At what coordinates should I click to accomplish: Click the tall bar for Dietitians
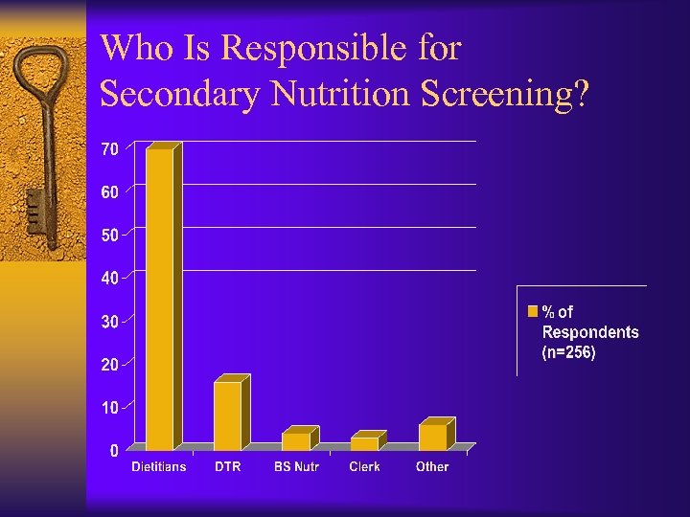pos(159,299)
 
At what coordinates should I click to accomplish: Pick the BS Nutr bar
pos(296,440)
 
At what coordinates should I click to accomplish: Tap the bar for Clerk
pos(364,442)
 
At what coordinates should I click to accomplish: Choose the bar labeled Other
pos(432,436)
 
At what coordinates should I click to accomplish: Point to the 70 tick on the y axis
pos(110,149)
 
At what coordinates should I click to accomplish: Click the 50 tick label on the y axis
pos(110,236)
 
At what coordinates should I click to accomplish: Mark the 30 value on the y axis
pos(110,322)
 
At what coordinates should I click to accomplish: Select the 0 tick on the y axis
pos(114,450)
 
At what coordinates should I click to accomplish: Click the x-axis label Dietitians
pos(158,467)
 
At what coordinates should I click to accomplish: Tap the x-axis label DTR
pos(227,467)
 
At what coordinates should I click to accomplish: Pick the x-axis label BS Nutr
pos(296,467)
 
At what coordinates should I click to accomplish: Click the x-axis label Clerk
pos(364,467)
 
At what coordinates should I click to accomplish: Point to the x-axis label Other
pos(432,467)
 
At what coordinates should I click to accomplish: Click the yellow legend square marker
pos(532,311)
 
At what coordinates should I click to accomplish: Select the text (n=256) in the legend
pos(569,353)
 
